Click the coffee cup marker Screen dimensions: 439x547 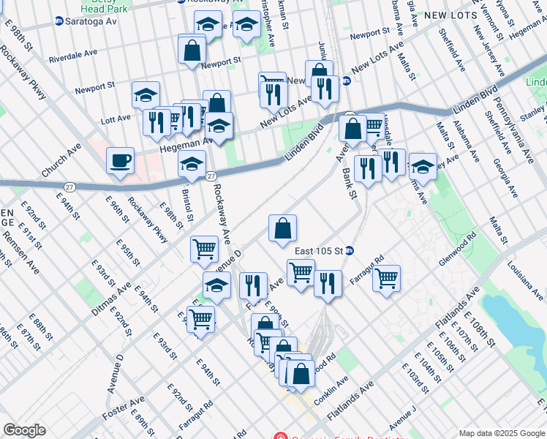(120, 160)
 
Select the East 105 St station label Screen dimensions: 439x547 (319, 251)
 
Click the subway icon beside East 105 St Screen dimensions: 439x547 (350, 251)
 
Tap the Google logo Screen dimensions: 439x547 (24, 429)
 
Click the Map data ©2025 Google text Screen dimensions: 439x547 (501, 433)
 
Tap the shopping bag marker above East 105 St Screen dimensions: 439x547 (282, 228)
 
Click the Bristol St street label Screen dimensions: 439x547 (188, 206)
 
